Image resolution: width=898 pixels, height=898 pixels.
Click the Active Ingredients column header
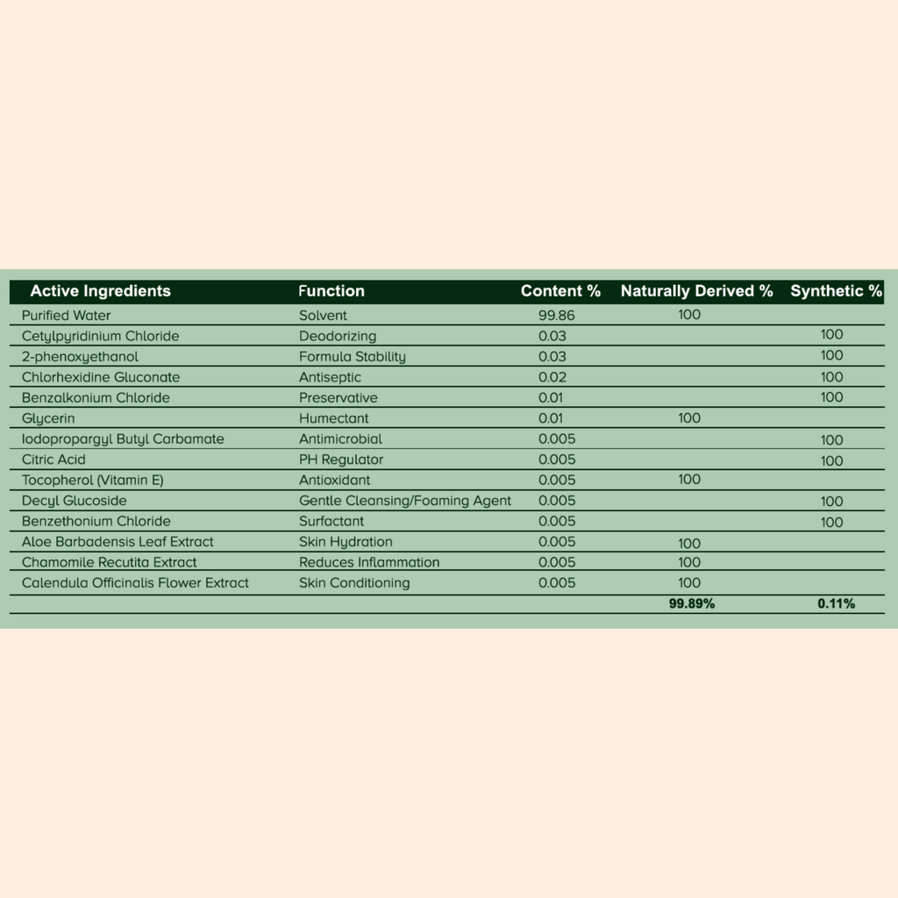pyautogui.click(x=100, y=291)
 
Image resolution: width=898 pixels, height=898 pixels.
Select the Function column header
pyautogui.click(x=331, y=291)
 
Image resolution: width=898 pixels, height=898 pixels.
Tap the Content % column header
pyautogui.click(x=560, y=291)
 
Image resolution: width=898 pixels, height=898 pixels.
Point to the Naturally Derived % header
pyautogui.click(x=696, y=291)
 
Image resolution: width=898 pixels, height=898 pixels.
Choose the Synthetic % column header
pyautogui.click(x=836, y=291)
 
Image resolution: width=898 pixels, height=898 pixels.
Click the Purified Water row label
pyautogui.click(x=67, y=316)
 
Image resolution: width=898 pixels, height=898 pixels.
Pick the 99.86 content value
pyautogui.click(x=557, y=316)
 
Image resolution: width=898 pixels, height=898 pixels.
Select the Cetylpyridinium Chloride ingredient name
pyautogui.click(x=100, y=336)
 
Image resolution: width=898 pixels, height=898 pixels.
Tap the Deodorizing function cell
pyautogui.click(x=338, y=336)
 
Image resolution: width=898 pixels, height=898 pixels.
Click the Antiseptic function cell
pyautogui.click(x=330, y=377)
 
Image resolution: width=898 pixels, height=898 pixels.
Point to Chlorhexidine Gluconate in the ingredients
pyautogui.click(x=101, y=377)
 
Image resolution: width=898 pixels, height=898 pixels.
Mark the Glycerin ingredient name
pyautogui.click(x=48, y=418)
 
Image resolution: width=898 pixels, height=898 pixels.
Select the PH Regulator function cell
pyautogui.click(x=341, y=460)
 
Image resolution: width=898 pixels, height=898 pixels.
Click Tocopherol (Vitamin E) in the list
pyautogui.click(x=93, y=481)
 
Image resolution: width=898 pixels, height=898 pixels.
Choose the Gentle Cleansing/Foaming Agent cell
pyautogui.click(x=405, y=501)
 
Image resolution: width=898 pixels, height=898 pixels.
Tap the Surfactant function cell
pyautogui.click(x=331, y=521)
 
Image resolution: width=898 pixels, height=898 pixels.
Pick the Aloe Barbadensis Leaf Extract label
pyautogui.click(x=118, y=542)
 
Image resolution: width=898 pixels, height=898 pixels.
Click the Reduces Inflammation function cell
pyautogui.click(x=369, y=562)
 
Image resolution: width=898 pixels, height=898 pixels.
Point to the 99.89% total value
pyautogui.click(x=692, y=603)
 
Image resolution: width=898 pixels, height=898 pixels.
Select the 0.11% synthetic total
pyautogui.click(x=837, y=603)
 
